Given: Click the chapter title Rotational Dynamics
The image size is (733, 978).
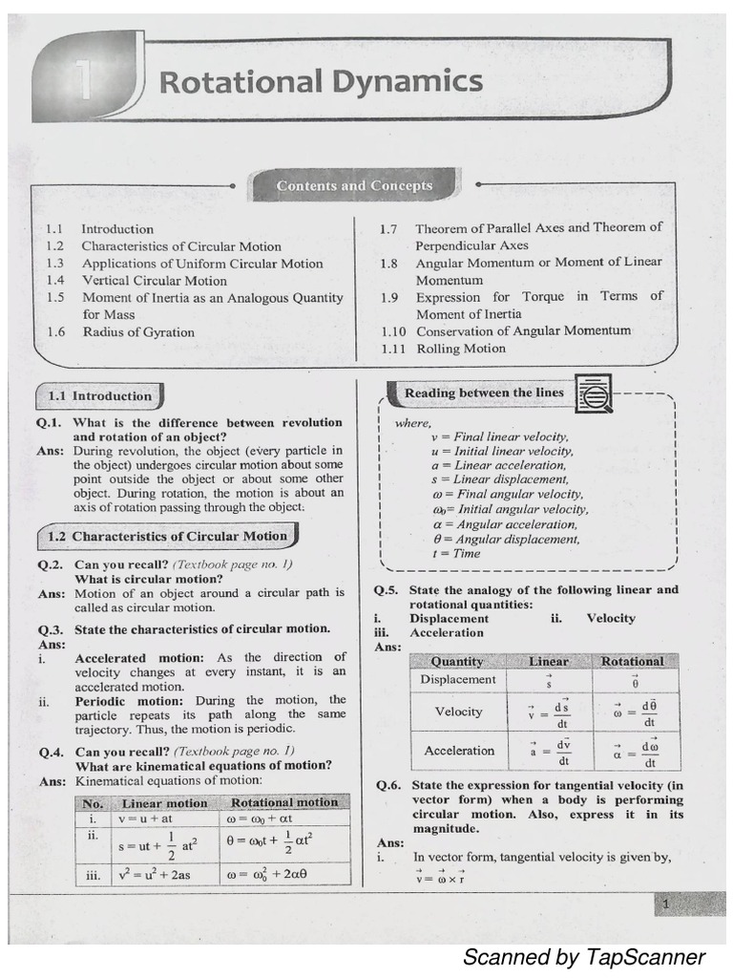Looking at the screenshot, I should point(321,82).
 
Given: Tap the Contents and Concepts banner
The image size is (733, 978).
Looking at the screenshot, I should point(354,186).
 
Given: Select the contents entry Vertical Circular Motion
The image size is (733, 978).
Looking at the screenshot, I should point(154,281).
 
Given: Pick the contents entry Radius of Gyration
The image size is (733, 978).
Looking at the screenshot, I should point(137,332).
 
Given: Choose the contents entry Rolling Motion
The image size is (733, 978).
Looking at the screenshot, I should point(461,349).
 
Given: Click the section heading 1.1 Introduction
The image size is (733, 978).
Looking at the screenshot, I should point(99,395).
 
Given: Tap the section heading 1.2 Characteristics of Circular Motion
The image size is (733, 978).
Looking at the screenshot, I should point(166,537).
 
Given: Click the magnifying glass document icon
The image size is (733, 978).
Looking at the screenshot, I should point(596,392).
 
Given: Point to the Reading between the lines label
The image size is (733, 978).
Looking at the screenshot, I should point(484,393).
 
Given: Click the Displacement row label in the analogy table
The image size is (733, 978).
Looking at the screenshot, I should point(458,679).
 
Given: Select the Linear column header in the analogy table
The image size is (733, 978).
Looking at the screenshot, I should point(549,661).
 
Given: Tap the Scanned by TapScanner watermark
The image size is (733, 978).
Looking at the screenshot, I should point(583,956).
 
